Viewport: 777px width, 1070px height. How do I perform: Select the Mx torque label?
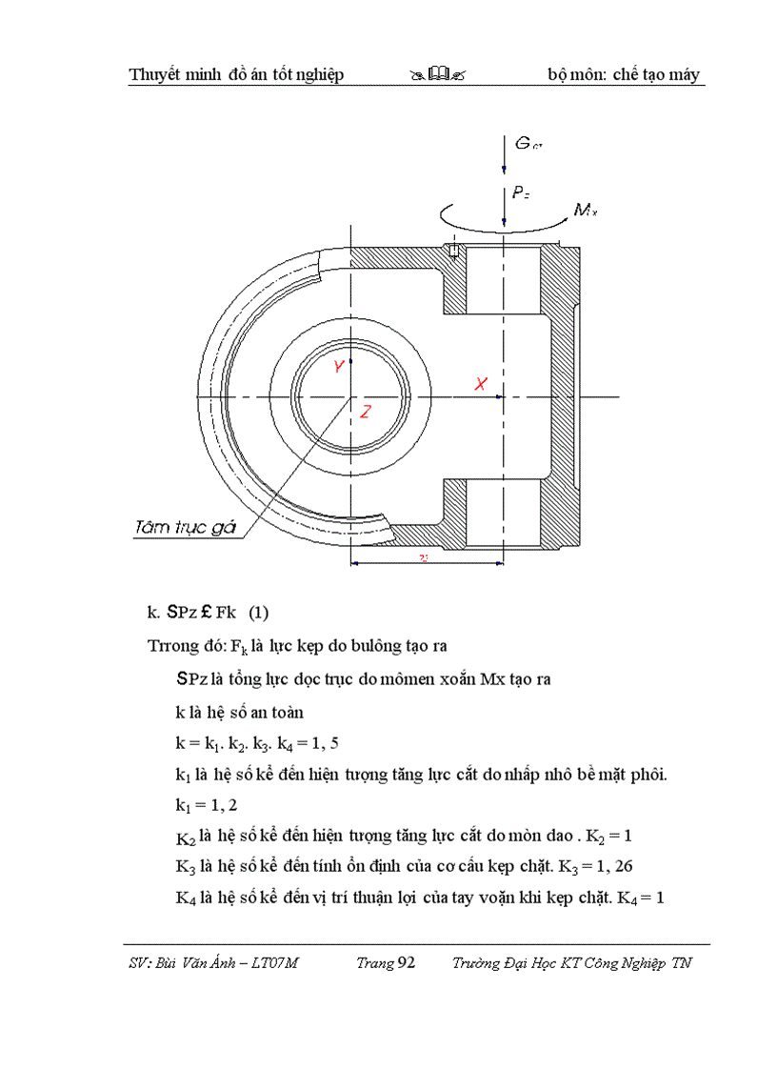coord(585,211)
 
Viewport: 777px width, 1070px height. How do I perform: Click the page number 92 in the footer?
coord(406,963)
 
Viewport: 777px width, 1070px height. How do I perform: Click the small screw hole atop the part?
coord(453,252)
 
